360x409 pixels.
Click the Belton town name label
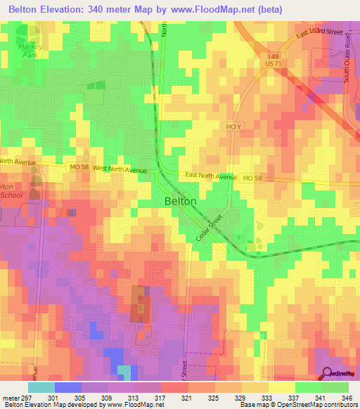tap(180, 201)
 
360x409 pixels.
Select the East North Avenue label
tap(211, 176)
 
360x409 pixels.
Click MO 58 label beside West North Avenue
tap(79, 167)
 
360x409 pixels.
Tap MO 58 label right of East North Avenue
tap(253, 178)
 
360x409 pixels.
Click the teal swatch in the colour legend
tap(41, 387)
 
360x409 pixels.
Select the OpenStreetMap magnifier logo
tap(328, 373)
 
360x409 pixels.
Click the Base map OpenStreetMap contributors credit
tap(297, 405)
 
